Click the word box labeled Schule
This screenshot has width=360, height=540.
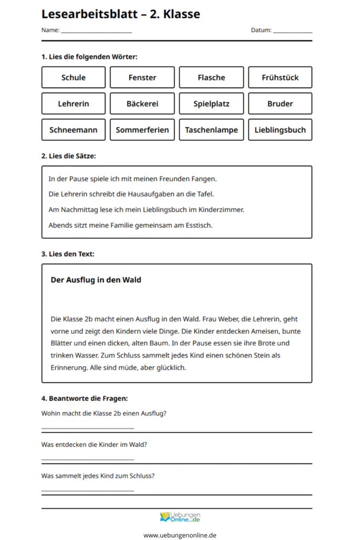pos(73,78)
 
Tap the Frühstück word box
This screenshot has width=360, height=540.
pos(280,78)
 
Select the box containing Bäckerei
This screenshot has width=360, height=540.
pos(142,104)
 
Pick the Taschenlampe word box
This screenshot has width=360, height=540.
pos(211,130)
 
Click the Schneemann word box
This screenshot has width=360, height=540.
pos(73,130)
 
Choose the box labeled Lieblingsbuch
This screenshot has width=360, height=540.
pos(280,130)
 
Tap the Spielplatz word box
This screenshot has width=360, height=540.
pos(211,104)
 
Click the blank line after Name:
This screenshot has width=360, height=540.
pos(96,32)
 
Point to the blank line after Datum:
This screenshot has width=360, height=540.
pos(293,32)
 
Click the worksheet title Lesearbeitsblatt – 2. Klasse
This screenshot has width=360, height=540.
pos(121,14)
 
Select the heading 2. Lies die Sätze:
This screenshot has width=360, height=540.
pos(69,156)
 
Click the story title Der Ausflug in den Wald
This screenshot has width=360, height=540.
pos(96,280)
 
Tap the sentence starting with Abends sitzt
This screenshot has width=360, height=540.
pos(130,225)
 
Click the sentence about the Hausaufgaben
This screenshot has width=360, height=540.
pos(131,194)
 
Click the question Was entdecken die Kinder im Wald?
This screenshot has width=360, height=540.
pos(94,445)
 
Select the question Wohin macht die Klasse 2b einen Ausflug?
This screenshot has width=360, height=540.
pos(104,413)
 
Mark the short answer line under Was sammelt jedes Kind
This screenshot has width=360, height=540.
pos(87,491)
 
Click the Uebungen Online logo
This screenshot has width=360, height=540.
pos(180,517)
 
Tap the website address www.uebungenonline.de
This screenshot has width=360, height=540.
pos(180,535)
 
